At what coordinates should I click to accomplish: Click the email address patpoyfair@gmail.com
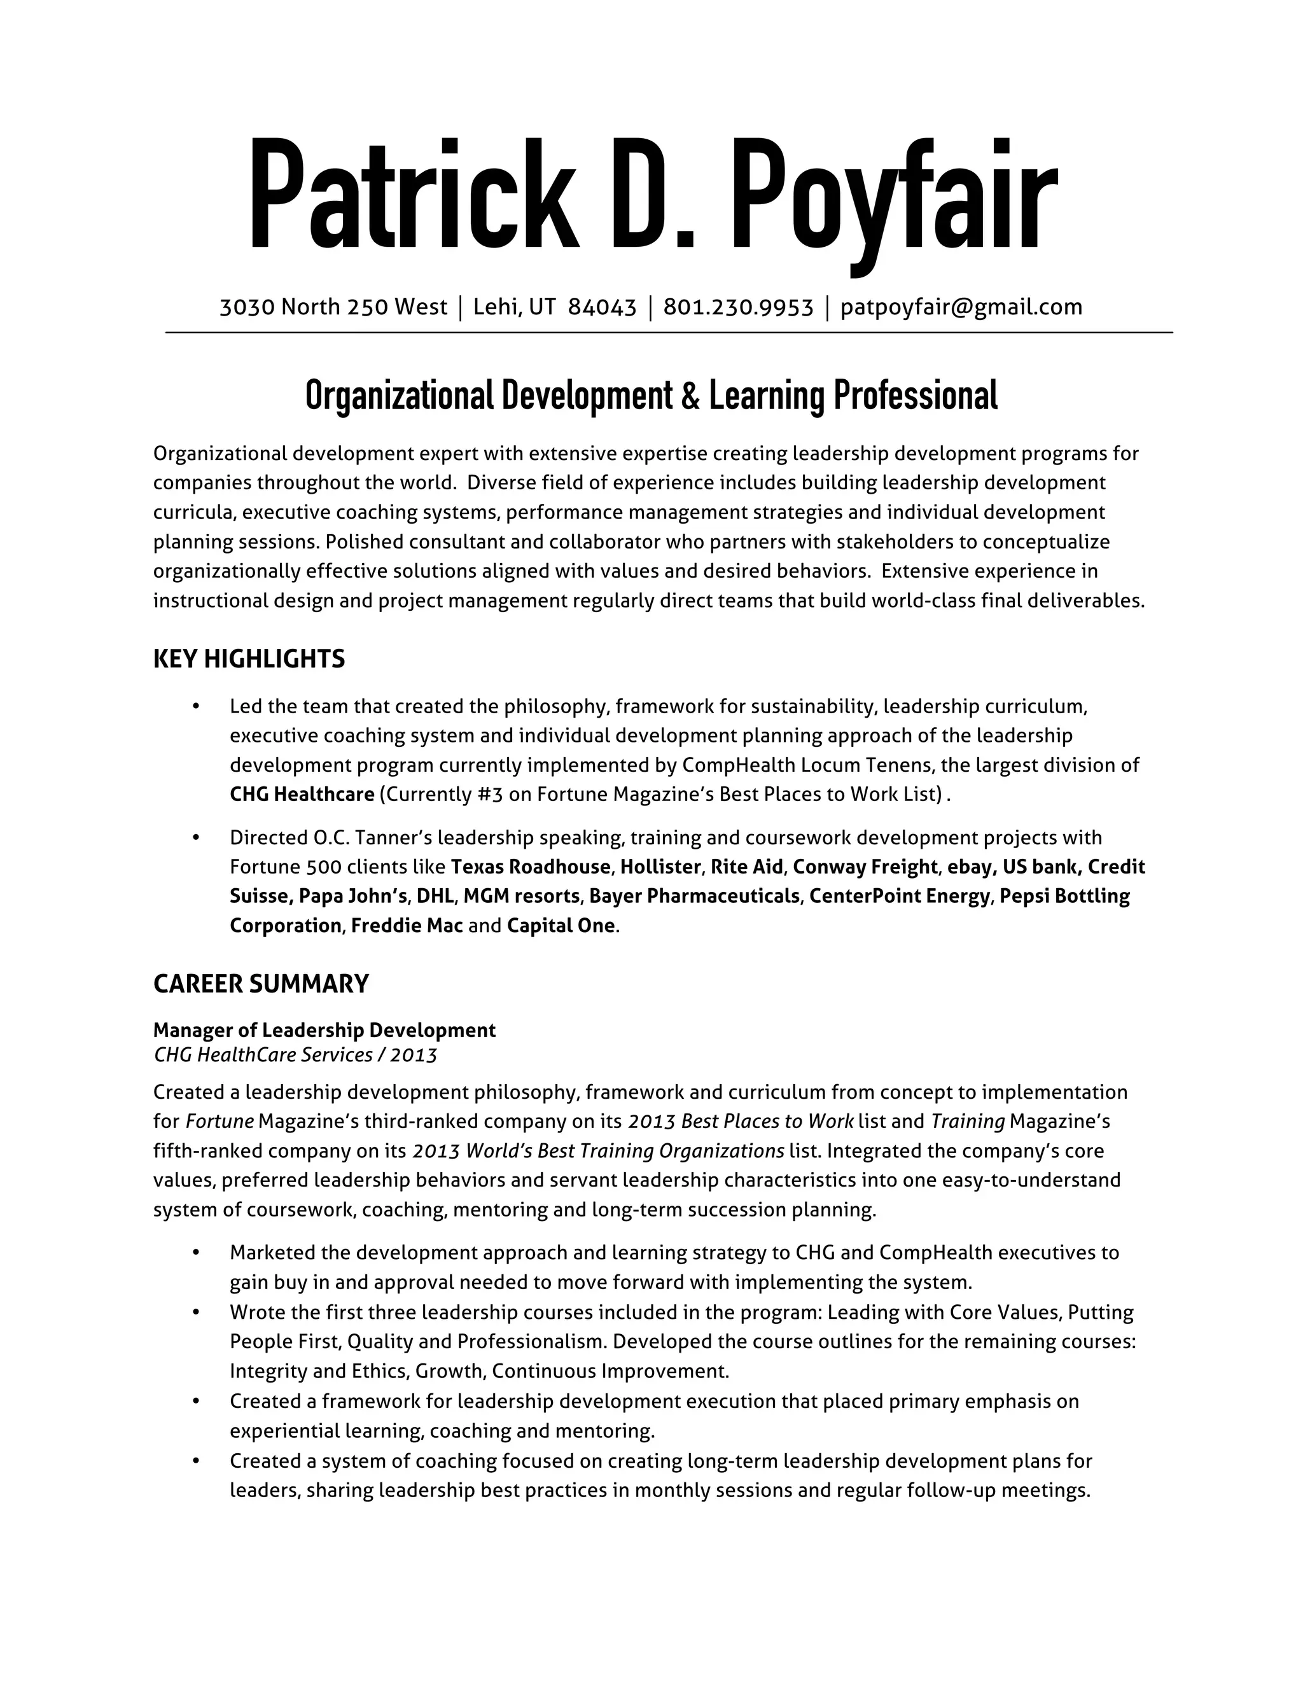coord(961,307)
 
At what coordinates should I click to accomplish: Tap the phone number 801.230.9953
coord(738,307)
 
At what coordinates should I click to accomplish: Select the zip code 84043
coord(602,307)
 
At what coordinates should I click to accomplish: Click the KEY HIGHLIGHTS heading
coord(249,658)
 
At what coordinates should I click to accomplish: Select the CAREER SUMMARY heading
coord(261,984)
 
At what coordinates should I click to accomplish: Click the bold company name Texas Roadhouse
coord(531,867)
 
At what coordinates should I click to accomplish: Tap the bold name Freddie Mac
coord(407,926)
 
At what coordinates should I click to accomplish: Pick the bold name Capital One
coord(561,926)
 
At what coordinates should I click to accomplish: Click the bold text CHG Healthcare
coord(302,795)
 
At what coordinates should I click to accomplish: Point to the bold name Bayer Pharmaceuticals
coord(694,896)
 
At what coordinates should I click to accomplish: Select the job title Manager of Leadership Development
coord(324,1030)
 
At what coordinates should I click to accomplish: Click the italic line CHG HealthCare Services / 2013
coord(295,1054)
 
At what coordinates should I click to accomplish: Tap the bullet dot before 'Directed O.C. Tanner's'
coord(196,838)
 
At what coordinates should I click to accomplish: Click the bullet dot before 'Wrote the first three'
coord(196,1313)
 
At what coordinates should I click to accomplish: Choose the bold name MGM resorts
coord(522,896)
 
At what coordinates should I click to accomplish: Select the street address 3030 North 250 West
coord(333,307)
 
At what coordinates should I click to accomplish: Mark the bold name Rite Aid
coord(746,867)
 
